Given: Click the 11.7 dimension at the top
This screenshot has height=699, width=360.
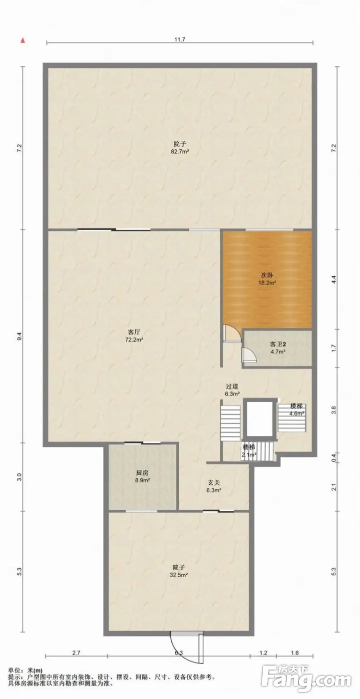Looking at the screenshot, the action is tap(180, 39).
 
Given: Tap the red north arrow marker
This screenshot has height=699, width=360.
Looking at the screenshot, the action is tap(22, 40).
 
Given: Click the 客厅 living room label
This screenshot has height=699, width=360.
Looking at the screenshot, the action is tap(133, 332).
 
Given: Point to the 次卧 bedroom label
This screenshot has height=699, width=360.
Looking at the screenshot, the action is tap(267, 275).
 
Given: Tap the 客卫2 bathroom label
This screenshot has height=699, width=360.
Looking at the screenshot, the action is tap(278, 345).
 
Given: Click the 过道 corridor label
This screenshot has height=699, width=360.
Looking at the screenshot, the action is tap(232, 386).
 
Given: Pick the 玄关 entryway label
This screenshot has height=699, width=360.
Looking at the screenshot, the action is tap(214, 483).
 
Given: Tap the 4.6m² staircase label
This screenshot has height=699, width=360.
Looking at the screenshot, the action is tap(297, 414).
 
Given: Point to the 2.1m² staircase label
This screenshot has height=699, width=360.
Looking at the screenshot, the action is tap(249, 455).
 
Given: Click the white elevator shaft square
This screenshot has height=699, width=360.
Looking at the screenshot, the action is tap(260, 418).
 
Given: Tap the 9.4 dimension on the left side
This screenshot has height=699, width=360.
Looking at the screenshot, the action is tap(19, 337).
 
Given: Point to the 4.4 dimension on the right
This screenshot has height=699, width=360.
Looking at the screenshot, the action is tap(334, 280).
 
